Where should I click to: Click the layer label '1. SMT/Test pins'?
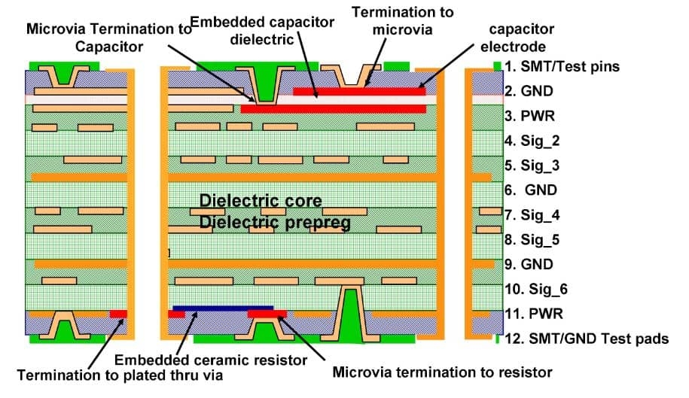562,66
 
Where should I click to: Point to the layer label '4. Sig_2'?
532,141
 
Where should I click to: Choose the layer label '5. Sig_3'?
532,166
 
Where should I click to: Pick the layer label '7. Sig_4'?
532,215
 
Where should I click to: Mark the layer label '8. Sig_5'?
532,240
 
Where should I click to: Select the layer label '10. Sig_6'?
535,289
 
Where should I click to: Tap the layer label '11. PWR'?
532,313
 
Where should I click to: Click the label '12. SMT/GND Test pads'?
586,339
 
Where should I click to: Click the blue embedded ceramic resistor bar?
223,307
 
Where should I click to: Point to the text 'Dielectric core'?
261,201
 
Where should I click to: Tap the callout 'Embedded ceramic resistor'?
211,360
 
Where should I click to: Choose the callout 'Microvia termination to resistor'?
442,372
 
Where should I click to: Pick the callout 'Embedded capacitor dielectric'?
262,30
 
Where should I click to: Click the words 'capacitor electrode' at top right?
521,38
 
